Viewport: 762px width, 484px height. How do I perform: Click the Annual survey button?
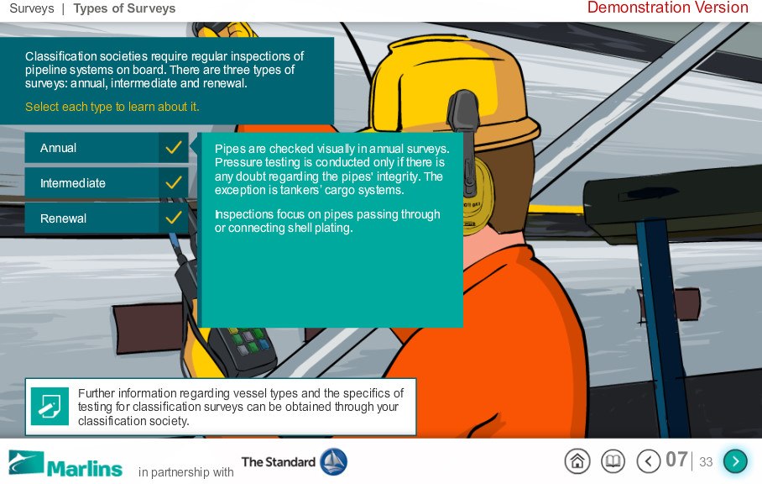pyautogui.click(x=107, y=148)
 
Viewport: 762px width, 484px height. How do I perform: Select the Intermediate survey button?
pyautogui.click(x=107, y=183)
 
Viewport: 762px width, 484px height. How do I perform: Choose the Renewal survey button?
pyautogui.click(x=107, y=218)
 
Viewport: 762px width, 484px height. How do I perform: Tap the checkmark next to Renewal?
pyautogui.click(x=174, y=218)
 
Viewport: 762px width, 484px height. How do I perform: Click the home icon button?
pyautogui.click(x=577, y=460)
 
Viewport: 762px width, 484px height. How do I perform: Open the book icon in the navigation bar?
pyautogui.click(x=613, y=460)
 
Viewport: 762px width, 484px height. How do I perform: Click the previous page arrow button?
pyautogui.click(x=648, y=460)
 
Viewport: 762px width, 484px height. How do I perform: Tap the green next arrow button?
pyautogui.click(x=735, y=460)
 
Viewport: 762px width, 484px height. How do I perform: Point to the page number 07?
pyautogui.click(x=676, y=460)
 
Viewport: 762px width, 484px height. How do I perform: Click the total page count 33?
pyautogui.click(x=706, y=461)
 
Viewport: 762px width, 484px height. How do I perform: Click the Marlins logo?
pyautogui.click(x=65, y=465)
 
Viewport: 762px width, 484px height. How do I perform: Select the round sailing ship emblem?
pyautogui.click(x=333, y=461)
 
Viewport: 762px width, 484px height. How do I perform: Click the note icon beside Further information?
pyautogui.click(x=50, y=406)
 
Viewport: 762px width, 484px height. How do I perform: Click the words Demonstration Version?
pyautogui.click(x=668, y=8)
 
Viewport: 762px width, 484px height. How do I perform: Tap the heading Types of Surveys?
pyautogui.click(x=124, y=8)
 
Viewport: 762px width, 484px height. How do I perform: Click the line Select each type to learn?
pyautogui.click(x=112, y=107)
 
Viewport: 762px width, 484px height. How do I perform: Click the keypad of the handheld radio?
pyautogui.click(x=249, y=342)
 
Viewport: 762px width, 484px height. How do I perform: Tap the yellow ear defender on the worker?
pyautogui.click(x=478, y=196)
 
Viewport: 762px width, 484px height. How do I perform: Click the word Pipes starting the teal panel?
pyautogui.click(x=230, y=149)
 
